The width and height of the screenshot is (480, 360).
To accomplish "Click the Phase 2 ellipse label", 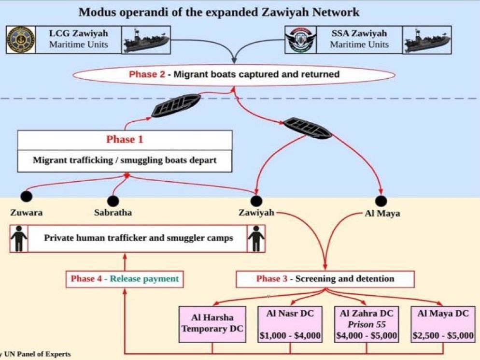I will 234,74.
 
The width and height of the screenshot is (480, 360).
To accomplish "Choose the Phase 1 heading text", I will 125,140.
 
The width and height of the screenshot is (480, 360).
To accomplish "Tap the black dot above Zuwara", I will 26,197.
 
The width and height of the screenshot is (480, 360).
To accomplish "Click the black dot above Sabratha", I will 113,201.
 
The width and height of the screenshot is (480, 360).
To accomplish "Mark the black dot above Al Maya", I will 381,201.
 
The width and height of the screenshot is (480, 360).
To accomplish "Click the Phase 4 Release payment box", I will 125,279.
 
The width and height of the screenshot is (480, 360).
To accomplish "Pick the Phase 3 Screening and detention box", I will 325,279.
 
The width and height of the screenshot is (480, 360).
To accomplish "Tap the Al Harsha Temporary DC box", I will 212,324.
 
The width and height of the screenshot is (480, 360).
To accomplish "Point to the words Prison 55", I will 367,325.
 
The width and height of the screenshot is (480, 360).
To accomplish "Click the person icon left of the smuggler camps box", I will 19,238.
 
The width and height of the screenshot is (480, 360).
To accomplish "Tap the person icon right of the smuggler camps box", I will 256,238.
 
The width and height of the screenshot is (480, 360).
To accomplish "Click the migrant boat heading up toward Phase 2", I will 175,106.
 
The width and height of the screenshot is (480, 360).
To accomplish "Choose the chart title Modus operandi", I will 219,12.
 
